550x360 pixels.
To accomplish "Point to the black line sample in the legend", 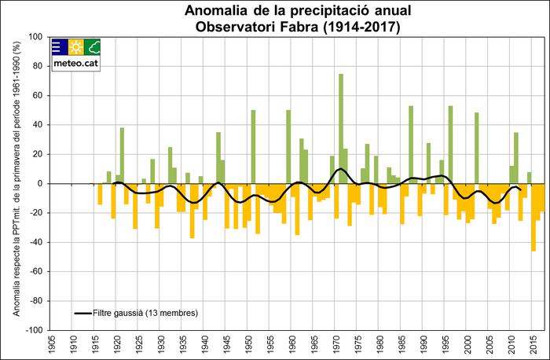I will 84,313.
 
